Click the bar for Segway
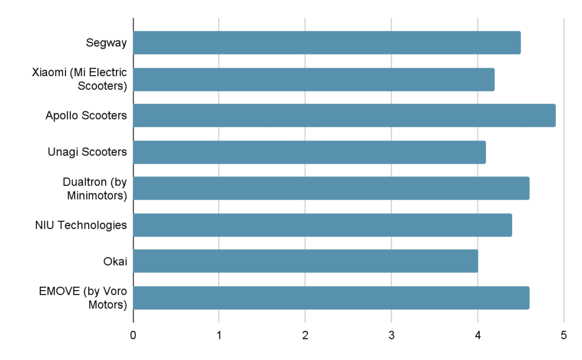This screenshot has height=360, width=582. (327, 43)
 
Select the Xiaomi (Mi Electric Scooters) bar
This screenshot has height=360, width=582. (314, 80)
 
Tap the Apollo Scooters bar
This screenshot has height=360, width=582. (344, 115)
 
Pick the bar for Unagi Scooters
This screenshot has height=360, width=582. (309, 152)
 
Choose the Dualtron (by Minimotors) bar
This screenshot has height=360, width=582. (331, 188)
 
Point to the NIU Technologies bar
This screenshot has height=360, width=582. (322, 225)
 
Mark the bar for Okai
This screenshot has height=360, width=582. (305, 261)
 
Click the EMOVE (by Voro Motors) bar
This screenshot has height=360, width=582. (331, 297)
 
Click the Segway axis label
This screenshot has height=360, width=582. (106, 43)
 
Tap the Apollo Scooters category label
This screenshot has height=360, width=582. (86, 115)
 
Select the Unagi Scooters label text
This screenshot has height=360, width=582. (88, 152)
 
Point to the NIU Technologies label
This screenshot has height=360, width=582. (81, 225)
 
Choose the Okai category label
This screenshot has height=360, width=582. (115, 261)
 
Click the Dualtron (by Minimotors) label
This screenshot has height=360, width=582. (94, 188)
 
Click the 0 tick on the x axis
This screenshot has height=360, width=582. (133, 336)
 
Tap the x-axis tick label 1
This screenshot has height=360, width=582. (219, 336)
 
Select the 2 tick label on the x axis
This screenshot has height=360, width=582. (305, 336)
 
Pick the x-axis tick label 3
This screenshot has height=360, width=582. (391, 336)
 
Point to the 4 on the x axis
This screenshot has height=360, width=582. (477, 336)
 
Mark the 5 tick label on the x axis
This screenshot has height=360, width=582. (563, 336)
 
